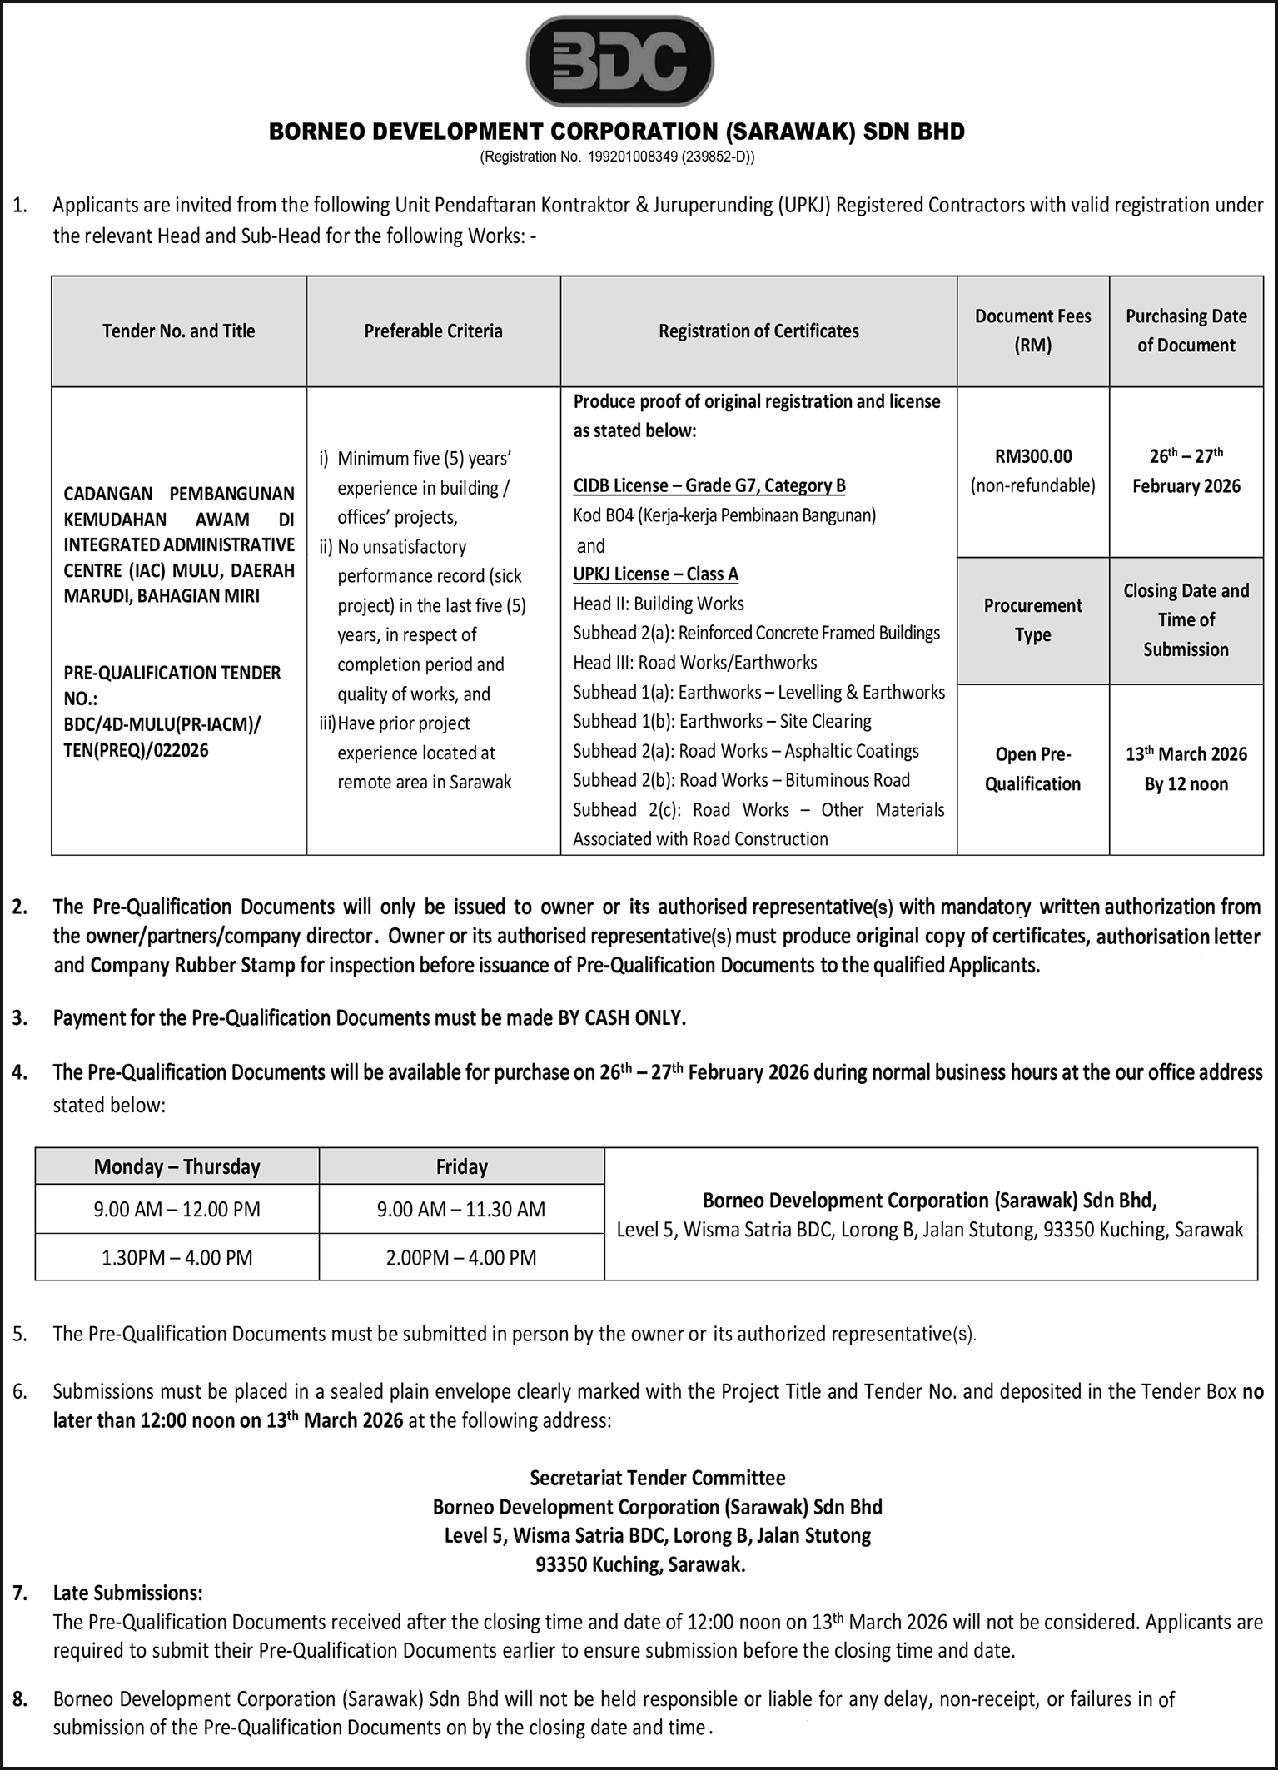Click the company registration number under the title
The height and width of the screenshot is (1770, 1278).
tap(617, 157)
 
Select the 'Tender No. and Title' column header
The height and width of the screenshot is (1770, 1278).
tap(178, 331)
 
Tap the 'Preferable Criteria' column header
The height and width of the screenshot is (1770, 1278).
tap(433, 331)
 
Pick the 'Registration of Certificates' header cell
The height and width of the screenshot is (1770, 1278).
tap(758, 331)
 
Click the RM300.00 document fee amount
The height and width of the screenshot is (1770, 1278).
tap(1032, 456)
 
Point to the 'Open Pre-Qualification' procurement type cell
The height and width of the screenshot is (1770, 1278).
tap(1032, 768)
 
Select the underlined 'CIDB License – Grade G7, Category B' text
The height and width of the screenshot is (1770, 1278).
tap(709, 485)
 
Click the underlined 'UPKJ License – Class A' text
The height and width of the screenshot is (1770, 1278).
tap(655, 574)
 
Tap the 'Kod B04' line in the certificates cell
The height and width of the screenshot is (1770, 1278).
tap(724, 515)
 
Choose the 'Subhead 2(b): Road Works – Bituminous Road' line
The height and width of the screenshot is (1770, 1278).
tap(741, 780)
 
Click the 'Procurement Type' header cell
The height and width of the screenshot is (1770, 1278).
tap(1032, 620)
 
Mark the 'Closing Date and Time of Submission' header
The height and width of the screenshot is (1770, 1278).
tap(1186, 620)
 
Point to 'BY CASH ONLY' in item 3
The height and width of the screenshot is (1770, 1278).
tap(621, 1017)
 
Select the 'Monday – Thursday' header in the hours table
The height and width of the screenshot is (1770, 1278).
tap(177, 1166)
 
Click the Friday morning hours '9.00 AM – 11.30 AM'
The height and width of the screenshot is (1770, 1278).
tap(461, 1209)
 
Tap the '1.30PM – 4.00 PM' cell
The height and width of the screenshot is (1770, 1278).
tap(177, 1257)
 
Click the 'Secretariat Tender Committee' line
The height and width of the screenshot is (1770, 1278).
tap(657, 1478)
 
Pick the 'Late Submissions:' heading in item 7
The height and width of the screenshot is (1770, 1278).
tap(127, 1593)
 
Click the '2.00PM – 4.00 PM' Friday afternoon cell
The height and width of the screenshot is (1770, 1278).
tap(461, 1257)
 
